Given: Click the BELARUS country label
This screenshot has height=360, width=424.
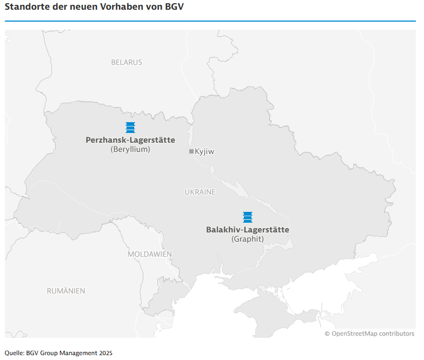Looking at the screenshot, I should pos(127,62).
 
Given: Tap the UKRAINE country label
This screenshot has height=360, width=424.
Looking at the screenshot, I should pos(200,192).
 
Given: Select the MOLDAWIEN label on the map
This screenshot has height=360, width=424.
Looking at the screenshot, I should pos(150,254).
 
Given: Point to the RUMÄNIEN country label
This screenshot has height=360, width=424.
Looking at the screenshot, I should pos(66,291).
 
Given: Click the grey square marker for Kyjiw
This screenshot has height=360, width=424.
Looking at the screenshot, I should pos(191,151).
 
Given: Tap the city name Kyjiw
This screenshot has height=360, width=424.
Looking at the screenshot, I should pos(204,152).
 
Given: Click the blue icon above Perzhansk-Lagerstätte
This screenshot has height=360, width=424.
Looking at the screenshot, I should pos(130,128).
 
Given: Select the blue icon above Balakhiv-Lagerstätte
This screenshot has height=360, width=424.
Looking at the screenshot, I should pos(248,217).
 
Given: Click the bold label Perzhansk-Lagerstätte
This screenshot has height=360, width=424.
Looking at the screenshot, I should pos(130,140).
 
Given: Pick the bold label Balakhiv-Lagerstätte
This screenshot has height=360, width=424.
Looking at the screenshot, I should pos(248,230).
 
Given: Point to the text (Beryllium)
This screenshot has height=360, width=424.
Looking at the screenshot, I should pos(130,149).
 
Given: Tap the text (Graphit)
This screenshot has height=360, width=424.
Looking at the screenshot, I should pos(248,239).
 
